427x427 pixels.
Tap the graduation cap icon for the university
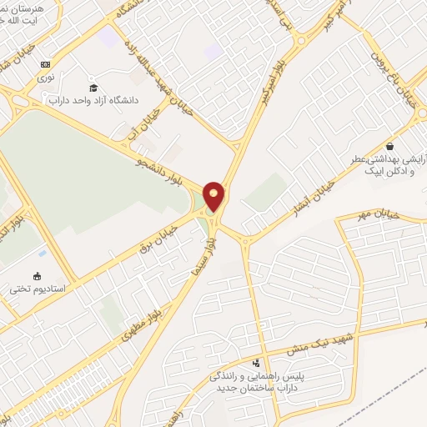(93, 88)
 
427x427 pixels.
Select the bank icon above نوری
(45, 64)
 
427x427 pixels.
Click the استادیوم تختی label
(37, 289)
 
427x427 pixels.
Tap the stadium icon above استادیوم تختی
(37, 276)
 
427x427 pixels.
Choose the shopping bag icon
(389, 146)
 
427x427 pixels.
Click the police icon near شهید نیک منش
(255, 364)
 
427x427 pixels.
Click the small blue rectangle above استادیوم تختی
(42, 253)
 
